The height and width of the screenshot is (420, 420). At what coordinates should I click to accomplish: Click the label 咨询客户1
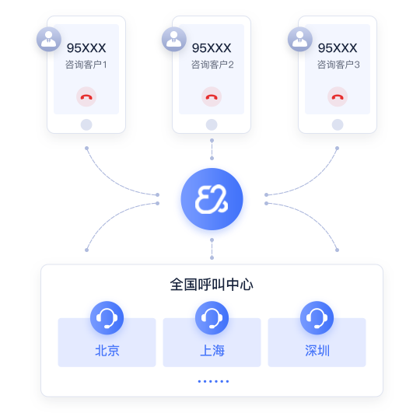(86, 65)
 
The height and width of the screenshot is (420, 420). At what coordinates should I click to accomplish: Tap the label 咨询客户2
(212, 65)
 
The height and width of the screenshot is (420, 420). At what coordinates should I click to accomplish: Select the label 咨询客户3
(338, 65)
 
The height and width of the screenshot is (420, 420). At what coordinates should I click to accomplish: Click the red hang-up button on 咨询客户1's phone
(86, 96)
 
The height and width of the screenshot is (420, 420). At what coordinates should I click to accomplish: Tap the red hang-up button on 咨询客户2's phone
(212, 96)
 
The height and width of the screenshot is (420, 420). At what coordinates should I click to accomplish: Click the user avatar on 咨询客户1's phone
(49, 39)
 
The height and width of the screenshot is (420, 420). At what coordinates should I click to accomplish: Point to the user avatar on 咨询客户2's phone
(174, 39)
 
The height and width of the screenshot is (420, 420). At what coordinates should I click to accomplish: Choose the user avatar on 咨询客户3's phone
(300, 39)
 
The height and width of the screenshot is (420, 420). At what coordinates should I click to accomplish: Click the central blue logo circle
(212, 199)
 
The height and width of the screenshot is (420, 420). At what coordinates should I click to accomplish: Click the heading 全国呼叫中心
(212, 285)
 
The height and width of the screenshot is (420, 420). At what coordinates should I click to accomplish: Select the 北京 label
(107, 350)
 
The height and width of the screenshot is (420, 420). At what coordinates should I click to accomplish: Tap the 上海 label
(212, 350)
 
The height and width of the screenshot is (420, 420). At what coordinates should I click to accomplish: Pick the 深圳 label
(317, 350)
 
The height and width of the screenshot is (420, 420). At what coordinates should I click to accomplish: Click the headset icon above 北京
(107, 318)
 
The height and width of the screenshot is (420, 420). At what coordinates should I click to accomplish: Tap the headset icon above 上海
(212, 318)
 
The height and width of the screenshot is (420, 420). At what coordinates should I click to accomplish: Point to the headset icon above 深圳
(317, 318)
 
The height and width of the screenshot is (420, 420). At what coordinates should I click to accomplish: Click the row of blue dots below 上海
(213, 381)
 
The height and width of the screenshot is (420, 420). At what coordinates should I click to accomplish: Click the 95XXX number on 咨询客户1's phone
(86, 48)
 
